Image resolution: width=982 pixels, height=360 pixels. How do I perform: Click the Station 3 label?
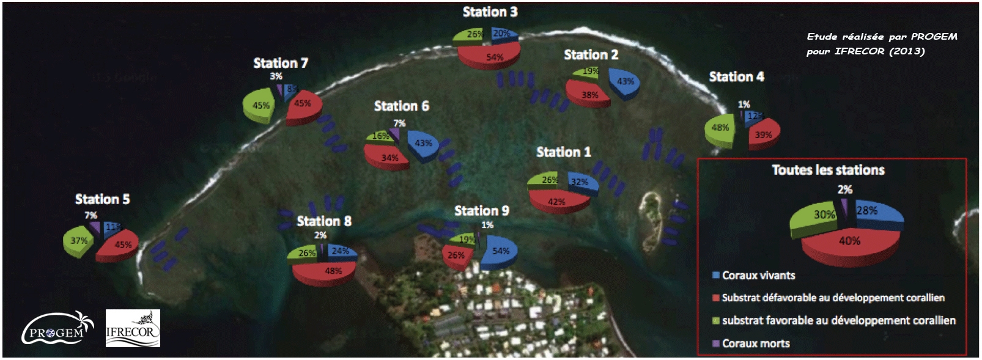pyautogui.click(x=490, y=12)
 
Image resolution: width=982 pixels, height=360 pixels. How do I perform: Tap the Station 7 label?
pyautogui.click(x=281, y=63)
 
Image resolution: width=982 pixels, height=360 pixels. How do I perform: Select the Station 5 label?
pyautogui.click(x=102, y=199)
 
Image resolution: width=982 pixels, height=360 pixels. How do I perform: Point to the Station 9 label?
pyautogui.click(x=482, y=211)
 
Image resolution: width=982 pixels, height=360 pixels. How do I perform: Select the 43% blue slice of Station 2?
pyautogui.click(x=624, y=83)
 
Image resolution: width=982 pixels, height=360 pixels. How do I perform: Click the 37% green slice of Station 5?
pyautogui.click(x=79, y=241)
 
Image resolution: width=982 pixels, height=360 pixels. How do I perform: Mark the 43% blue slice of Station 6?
pyautogui.click(x=423, y=144)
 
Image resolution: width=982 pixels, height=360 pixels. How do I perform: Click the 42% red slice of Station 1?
pyautogui.click(x=556, y=201)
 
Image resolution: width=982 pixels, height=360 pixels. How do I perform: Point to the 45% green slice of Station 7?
pyautogui.click(x=260, y=106)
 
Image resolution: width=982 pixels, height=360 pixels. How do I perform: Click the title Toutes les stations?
pyautogui.click(x=828, y=170)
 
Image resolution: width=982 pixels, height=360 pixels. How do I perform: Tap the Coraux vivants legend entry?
pyautogui.click(x=758, y=276)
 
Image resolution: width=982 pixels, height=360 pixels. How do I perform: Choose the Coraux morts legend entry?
pyautogui.click(x=755, y=343)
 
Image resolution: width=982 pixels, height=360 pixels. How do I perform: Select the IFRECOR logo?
pyautogui.click(x=133, y=328)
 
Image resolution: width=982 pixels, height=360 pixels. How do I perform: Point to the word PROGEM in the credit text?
pyautogui.click(x=934, y=37)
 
